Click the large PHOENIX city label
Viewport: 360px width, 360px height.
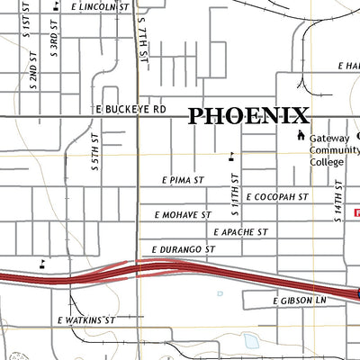(248, 115)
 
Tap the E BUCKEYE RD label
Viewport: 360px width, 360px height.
(132, 108)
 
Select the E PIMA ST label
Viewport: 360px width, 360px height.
(184, 180)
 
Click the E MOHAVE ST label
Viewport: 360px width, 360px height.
(183, 215)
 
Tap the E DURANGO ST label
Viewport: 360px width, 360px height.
(184, 248)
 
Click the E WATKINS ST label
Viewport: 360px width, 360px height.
(86, 319)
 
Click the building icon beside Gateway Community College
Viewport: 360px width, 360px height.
(301, 136)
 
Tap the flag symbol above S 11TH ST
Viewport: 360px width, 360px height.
(232, 155)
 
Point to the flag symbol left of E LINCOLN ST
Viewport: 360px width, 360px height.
(56, 5)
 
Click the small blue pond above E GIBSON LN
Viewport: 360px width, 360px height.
(220, 293)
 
